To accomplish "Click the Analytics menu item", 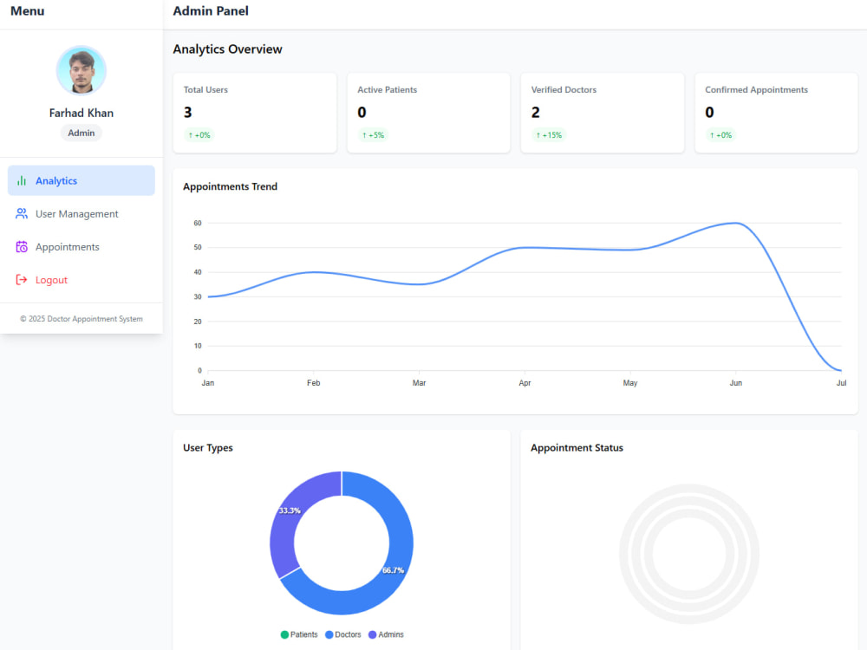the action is (x=81, y=180).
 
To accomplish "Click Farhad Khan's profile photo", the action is (x=81, y=71).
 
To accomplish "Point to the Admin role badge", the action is (x=81, y=133).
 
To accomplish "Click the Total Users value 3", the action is (x=188, y=112).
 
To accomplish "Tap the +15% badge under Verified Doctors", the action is (x=549, y=135).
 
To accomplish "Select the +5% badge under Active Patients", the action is (x=373, y=135).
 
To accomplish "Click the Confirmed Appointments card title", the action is (x=756, y=89).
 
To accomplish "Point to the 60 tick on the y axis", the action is (x=198, y=223).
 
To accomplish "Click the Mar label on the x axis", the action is (x=419, y=382).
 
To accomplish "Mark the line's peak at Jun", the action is (x=735, y=223).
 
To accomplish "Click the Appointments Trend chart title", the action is (x=230, y=186).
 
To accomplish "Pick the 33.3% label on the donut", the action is (x=290, y=510).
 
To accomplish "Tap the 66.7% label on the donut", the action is (x=393, y=570).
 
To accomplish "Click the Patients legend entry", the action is (x=299, y=634).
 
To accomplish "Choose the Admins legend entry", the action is (x=386, y=634).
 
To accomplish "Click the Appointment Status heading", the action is (x=577, y=448).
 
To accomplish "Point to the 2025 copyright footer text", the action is (x=81, y=319).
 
